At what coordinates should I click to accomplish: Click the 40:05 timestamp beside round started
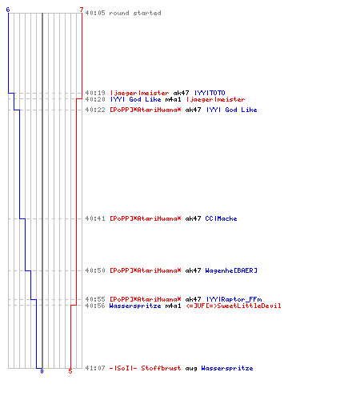95,13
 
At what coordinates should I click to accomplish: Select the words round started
135,13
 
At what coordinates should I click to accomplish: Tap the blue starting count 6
8,10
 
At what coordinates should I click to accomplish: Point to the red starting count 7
82,10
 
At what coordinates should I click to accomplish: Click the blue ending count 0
42,371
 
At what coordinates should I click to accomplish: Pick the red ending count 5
70,371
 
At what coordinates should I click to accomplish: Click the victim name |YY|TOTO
210,93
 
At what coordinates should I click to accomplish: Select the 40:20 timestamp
95,99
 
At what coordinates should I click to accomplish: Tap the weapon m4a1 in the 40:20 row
173,99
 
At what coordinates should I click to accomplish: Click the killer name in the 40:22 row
146,110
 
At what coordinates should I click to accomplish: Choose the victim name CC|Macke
221,218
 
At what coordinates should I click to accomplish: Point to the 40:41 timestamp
95,218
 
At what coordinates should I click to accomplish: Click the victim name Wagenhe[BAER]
231,270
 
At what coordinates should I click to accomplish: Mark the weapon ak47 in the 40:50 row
193,270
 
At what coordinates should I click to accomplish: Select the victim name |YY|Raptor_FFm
234,299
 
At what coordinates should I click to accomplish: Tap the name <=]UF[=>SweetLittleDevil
234,306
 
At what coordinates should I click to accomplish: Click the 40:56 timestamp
95,306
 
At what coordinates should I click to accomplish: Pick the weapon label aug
191,368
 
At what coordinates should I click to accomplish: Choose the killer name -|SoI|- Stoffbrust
145,368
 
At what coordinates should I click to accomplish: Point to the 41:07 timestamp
95,368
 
